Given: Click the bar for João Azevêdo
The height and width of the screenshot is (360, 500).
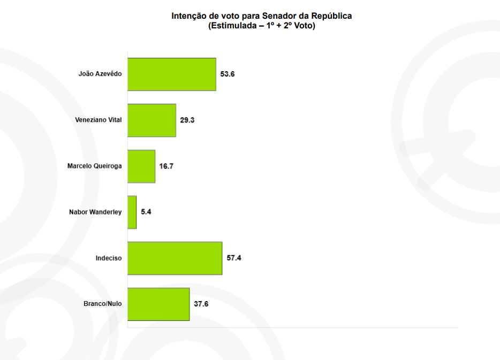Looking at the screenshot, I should point(172,74).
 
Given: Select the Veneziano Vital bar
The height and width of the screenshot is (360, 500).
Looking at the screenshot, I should point(152,120).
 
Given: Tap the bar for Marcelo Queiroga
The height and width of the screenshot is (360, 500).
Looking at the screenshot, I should point(141,166).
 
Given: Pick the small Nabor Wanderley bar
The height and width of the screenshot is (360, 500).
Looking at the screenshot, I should point(132,212).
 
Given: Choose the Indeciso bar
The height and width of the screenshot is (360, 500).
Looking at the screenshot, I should point(175,258).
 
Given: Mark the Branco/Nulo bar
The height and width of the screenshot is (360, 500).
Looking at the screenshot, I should point(158,304).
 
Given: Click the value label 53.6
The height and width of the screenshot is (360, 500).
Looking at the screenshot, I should point(228,74).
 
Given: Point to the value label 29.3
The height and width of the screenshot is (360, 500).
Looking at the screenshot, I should point(187,120).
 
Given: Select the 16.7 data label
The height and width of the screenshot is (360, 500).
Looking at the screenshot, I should point(166,166).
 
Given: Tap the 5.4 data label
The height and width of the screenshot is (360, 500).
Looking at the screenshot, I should point(146,212).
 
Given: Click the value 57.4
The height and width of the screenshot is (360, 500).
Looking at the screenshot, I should point(234,258).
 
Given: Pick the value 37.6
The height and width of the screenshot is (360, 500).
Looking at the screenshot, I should point(201,304).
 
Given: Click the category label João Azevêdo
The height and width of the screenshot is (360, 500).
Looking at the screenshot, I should point(100,74).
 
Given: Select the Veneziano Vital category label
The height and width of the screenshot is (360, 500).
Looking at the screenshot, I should point(99,120).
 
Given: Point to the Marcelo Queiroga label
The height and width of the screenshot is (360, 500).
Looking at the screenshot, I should point(94,166).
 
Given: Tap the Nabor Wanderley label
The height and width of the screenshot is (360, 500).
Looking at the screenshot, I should point(95,212).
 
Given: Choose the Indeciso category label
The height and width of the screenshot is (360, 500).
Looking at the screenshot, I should point(109,258).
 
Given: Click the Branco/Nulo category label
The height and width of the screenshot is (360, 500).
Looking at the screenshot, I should point(103,304).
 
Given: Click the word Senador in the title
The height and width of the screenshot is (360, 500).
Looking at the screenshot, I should point(278,16).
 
